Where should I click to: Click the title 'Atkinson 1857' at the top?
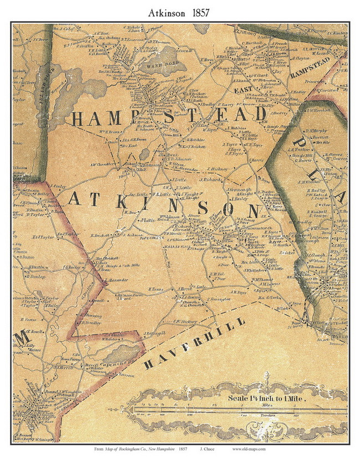tap(180, 12)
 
